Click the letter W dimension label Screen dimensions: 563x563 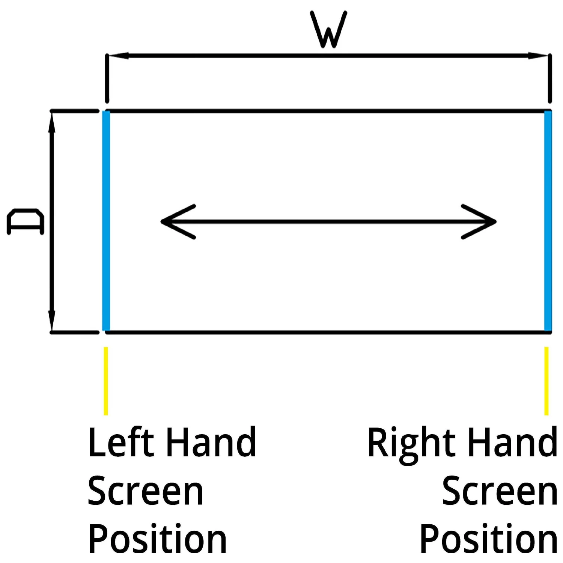328,30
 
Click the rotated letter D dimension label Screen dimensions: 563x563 26,222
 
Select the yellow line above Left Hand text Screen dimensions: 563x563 106,381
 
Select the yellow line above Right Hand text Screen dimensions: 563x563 546,381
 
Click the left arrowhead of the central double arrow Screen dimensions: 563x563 176,222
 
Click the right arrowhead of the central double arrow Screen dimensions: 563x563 480,222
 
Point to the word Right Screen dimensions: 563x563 411,445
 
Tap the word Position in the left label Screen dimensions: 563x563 158,540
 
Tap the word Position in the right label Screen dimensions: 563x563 488,540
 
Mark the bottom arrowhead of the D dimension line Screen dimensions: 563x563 52,321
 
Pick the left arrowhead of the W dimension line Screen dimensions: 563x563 118,56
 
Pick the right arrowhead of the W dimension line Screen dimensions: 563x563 539,56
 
